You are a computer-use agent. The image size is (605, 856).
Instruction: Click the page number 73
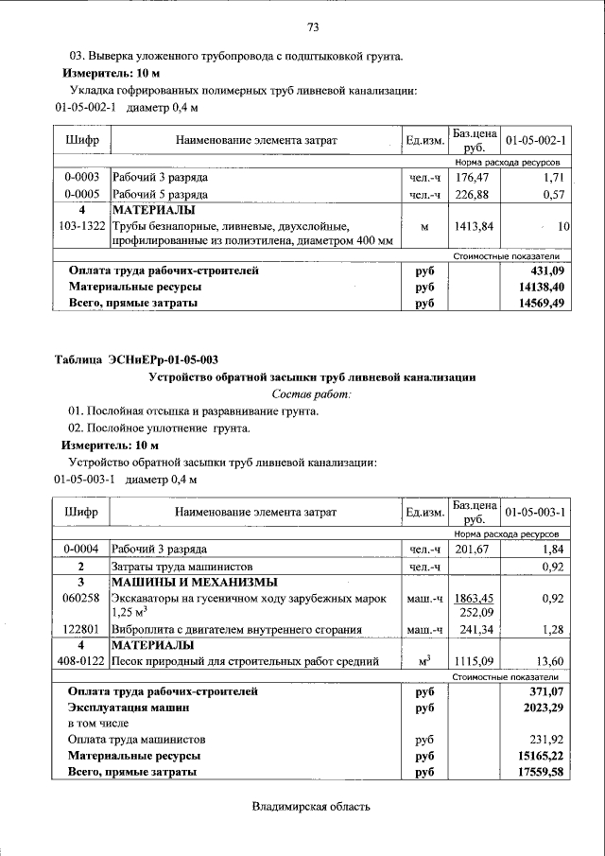tap(313, 26)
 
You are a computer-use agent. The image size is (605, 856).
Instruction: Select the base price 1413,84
tap(475, 227)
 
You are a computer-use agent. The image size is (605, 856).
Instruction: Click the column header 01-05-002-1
tap(535, 140)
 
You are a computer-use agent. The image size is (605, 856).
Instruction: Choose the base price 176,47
tap(475, 177)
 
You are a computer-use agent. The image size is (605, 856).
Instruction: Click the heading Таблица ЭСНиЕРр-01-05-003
tap(136, 358)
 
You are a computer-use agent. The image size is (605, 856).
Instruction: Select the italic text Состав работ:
tap(312, 393)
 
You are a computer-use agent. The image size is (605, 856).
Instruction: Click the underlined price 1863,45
tap(475, 598)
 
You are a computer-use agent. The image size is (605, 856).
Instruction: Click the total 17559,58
tap(534, 772)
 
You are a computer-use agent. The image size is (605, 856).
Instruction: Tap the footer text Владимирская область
tap(312, 806)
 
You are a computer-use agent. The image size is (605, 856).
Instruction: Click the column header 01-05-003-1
tap(535, 512)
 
